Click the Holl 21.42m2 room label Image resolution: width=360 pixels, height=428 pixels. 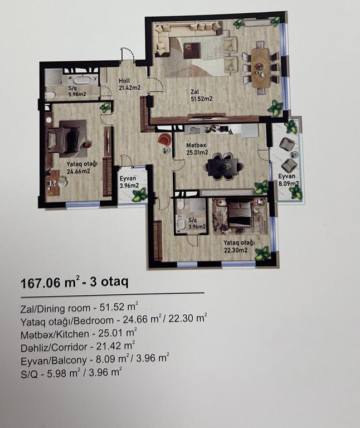click(129, 84)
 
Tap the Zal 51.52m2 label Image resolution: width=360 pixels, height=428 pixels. click(201, 95)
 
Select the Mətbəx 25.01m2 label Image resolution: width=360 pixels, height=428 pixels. click(197, 149)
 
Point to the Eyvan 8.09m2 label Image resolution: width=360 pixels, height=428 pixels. click(288, 180)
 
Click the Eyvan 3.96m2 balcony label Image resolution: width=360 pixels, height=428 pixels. click(129, 182)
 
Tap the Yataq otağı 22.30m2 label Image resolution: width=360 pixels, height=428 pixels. click(239, 246)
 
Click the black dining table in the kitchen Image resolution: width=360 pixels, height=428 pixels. click(225, 166)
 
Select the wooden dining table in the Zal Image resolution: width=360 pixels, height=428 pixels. click(260, 67)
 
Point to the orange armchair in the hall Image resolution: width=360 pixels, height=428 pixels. click(164, 139)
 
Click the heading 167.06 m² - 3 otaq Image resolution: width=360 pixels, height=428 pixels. click(75, 283)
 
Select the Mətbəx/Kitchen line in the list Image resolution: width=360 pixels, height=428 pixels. click(79, 333)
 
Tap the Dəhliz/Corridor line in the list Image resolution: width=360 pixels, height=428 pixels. click(78, 347)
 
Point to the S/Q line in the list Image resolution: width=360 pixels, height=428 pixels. click(71, 372)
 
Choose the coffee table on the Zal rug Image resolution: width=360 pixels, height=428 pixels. click(192, 51)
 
